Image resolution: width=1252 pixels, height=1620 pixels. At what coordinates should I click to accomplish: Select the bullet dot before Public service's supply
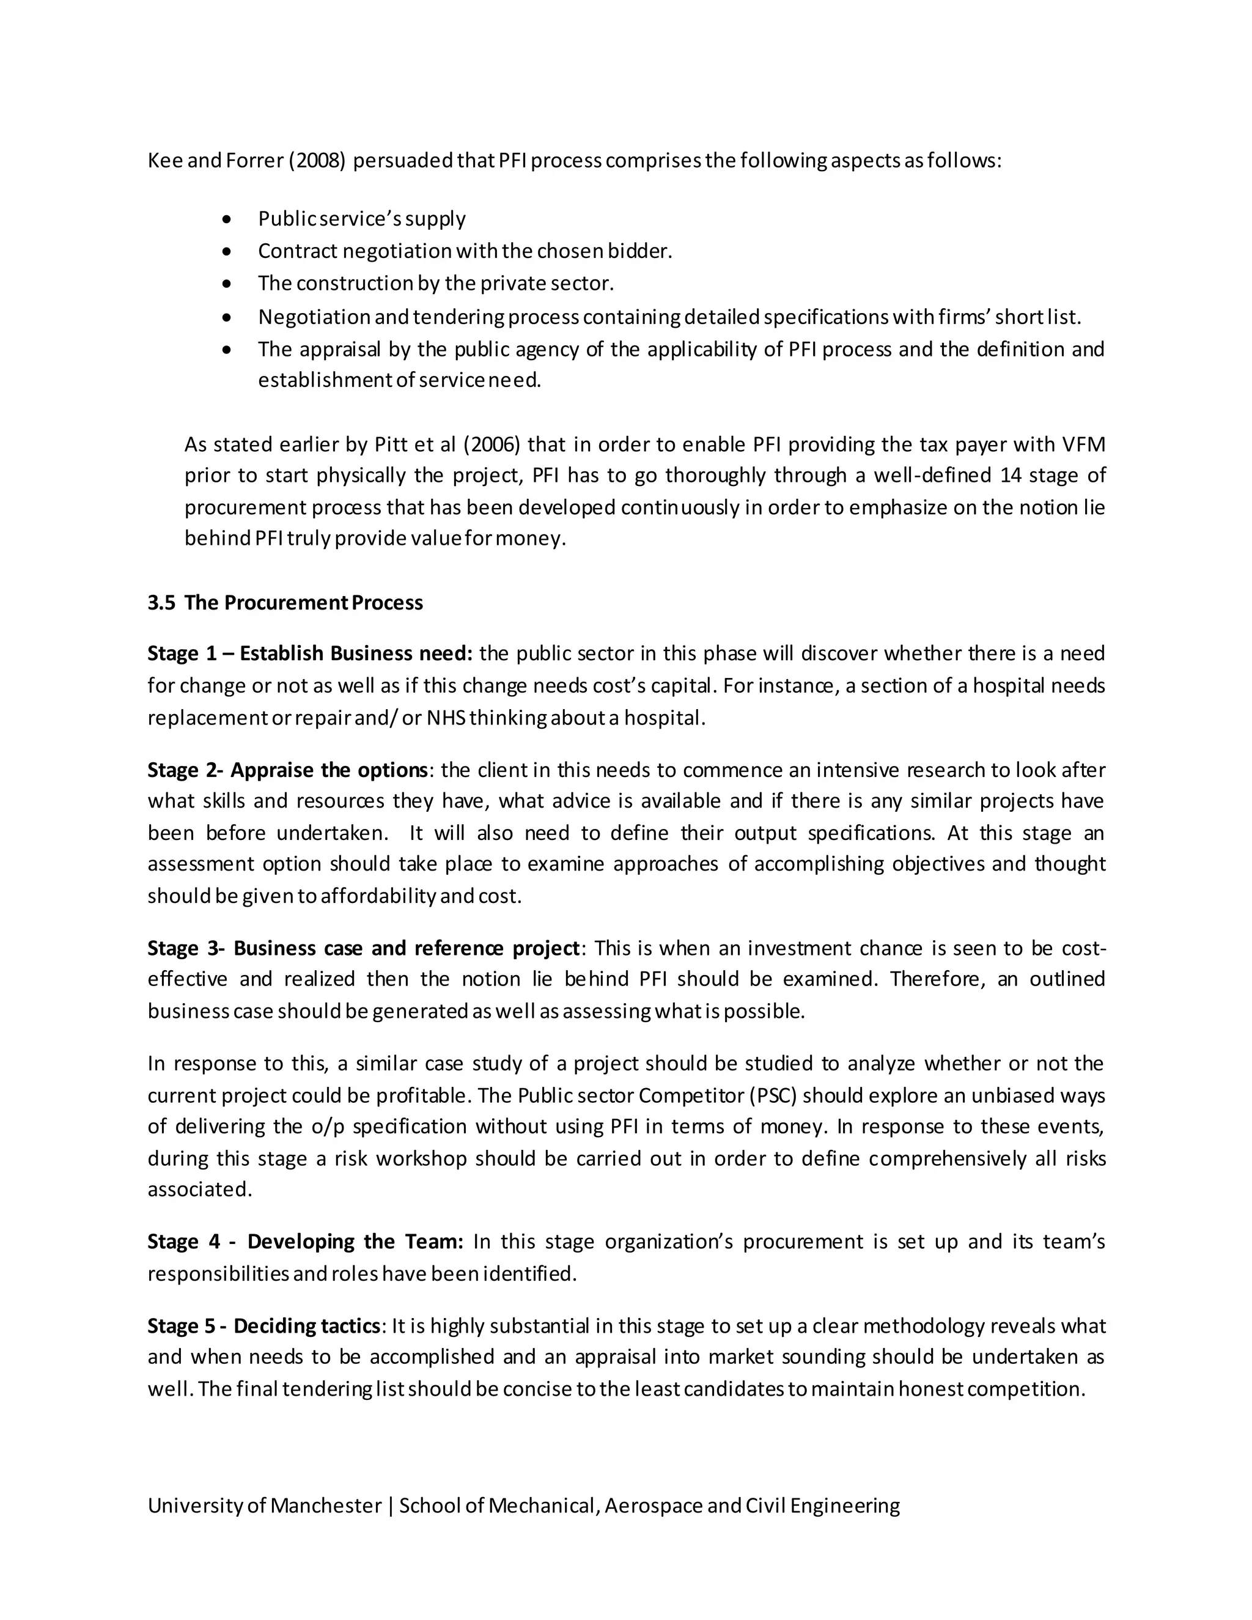227,219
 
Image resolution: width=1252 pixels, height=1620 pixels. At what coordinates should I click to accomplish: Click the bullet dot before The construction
227,284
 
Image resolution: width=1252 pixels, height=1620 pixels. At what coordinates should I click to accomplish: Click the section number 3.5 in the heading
161,603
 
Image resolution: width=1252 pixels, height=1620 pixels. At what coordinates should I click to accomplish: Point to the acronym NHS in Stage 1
446,718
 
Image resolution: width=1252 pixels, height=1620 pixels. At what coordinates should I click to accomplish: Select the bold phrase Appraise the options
328,770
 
